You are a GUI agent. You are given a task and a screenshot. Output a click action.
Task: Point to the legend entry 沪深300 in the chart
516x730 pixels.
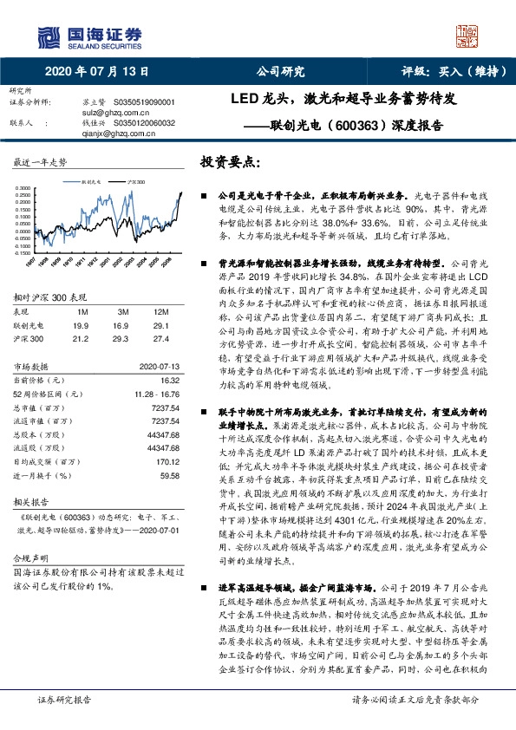tap(134, 184)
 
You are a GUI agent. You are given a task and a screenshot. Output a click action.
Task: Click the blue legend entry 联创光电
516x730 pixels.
tap(91, 184)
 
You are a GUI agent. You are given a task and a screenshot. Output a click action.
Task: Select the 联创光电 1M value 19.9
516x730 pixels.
tap(83, 323)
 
